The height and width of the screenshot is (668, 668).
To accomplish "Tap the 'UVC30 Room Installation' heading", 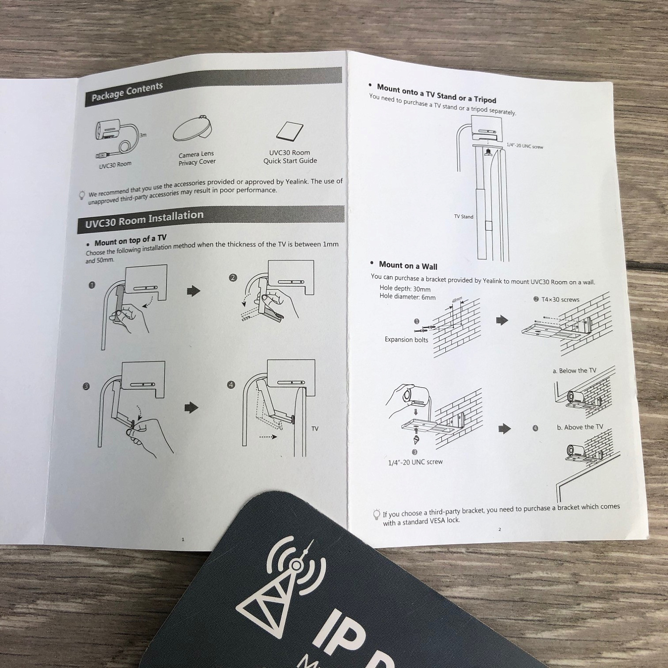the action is [144, 219].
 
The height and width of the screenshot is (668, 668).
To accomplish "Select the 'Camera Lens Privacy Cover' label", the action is [197, 158].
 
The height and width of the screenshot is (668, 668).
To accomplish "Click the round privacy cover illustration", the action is [192, 128].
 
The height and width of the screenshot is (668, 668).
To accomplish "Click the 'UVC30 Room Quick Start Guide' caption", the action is [290, 157].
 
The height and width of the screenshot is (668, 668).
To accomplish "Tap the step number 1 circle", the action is [92, 285].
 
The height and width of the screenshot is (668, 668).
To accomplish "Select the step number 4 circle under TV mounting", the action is [231, 385].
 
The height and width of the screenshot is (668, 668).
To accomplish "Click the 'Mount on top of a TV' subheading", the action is [130, 240].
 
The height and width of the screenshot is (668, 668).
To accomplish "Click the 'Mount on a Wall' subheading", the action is [408, 265].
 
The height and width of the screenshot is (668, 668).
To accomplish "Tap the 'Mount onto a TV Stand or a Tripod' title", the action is [436, 94].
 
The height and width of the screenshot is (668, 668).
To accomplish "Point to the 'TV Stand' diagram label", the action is [464, 216].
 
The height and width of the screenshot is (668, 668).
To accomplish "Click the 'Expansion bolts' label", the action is [406, 340].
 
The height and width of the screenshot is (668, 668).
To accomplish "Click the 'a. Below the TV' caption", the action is [574, 371].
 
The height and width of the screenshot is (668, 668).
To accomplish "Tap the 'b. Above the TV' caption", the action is [580, 427].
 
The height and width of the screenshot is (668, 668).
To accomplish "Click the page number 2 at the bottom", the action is [500, 529].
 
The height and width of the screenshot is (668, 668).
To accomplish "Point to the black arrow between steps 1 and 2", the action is [194, 291].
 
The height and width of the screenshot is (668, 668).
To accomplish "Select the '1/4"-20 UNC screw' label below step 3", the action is [415, 462].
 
